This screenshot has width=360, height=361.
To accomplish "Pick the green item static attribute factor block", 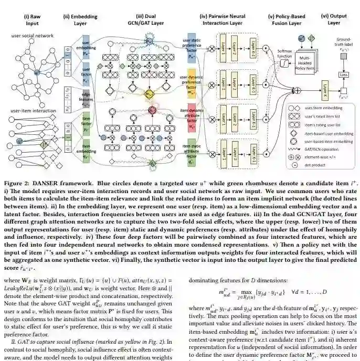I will click(192, 153).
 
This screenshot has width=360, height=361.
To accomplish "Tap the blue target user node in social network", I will click(37, 72).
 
